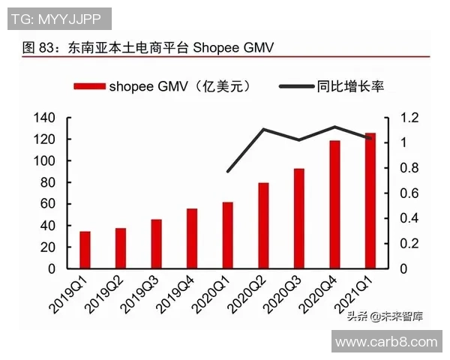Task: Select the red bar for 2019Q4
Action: click(x=192, y=238)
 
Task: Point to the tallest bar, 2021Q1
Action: click(x=370, y=200)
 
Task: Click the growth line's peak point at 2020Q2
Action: click(x=263, y=129)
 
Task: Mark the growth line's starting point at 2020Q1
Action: click(x=227, y=172)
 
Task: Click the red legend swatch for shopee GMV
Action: click(x=89, y=86)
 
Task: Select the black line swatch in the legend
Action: click(x=297, y=86)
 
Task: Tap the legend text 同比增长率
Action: click(x=351, y=86)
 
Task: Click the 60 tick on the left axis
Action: click(x=49, y=204)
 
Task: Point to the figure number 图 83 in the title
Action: click(x=37, y=47)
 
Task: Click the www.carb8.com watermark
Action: click(x=385, y=342)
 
